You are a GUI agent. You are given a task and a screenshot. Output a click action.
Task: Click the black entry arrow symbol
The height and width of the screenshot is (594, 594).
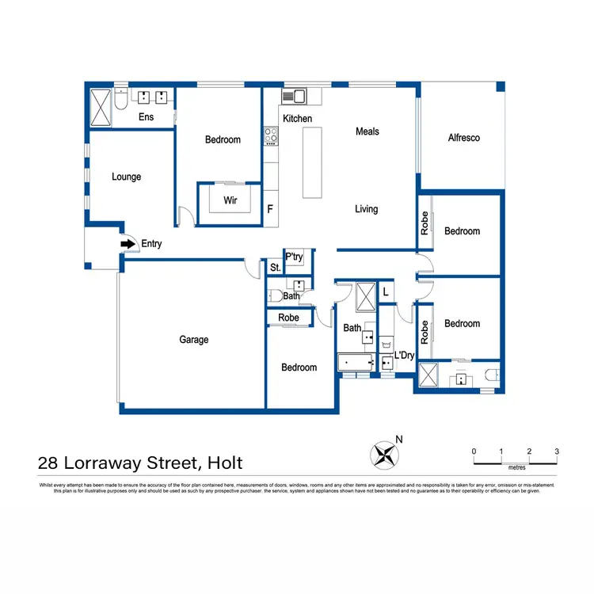coord(126,244)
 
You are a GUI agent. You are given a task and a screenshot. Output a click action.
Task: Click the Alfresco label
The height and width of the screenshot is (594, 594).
coord(463,138)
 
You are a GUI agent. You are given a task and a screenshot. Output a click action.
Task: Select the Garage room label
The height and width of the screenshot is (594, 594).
coord(193,340)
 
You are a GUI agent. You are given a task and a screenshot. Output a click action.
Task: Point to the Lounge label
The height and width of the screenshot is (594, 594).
coord(126,177)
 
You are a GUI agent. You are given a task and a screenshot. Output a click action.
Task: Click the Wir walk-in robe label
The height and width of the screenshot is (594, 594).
coord(230,200)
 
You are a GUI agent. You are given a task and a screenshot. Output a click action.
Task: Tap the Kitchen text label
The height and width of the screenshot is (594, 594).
coord(297,119)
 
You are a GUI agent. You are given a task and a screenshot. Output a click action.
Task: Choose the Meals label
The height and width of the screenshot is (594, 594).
coord(367,131)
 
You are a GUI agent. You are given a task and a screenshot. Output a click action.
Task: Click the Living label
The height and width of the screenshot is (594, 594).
coord(366,209)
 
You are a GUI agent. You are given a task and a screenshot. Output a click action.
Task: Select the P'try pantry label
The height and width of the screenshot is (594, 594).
coord(294,257)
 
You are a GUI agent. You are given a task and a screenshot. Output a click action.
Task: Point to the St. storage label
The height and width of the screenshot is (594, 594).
coord(275,268)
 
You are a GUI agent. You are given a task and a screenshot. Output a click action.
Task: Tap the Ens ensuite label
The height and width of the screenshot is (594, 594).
coord(146,117)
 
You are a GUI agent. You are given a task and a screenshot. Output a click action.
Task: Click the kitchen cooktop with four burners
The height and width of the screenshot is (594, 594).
coord(271,136)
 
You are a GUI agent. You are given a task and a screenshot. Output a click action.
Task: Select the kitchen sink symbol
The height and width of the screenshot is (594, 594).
coord(295,97)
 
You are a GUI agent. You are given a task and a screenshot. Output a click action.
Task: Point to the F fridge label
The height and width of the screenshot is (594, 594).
coord(270,210)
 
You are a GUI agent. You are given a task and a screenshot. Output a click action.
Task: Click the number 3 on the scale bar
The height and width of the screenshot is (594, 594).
coord(557,451)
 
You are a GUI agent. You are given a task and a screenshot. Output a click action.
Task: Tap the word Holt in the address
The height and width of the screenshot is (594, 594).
coord(224,463)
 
